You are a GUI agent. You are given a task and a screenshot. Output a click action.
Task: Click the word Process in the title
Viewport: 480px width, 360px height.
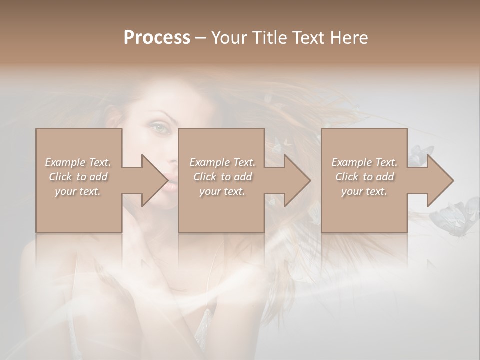click(x=157, y=37)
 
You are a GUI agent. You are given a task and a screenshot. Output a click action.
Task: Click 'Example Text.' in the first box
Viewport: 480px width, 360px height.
click(x=78, y=162)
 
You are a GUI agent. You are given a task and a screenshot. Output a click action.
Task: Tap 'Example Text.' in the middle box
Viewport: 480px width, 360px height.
click(x=222, y=162)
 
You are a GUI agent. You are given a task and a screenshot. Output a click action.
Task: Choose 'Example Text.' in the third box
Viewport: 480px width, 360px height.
click(x=364, y=162)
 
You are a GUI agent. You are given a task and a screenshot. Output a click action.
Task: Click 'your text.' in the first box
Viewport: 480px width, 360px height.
click(x=78, y=191)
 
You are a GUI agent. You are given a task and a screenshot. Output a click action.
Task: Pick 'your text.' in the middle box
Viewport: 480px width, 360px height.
click(x=222, y=191)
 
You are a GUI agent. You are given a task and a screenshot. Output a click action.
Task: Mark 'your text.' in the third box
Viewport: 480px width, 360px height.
click(x=364, y=191)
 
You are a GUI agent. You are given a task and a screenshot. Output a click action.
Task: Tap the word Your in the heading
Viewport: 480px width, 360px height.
click(x=227, y=37)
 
